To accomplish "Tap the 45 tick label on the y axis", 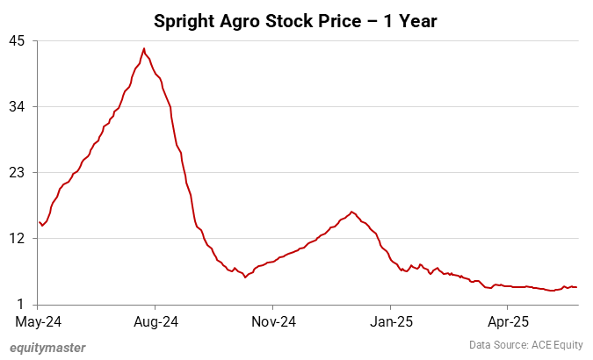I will pyautogui.click(x=18, y=41).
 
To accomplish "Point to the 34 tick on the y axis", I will pyautogui.click(x=18, y=107).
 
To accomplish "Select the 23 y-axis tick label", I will pyautogui.click(x=18, y=173).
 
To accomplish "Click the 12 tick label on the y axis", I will pyautogui.click(x=18, y=239).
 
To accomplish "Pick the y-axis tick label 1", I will pyautogui.click(x=21, y=305).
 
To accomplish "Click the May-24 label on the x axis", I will pyautogui.click(x=38, y=321).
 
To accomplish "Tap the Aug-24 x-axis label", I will pyautogui.click(x=155, y=321).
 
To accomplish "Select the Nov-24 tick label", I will pyautogui.click(x=272, y=321).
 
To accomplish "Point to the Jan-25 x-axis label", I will pyautogui.click(x=390, y=321).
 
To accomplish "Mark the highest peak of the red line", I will pyautogui.click(x=144, y=48).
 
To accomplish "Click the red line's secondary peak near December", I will pyautogui.click(x=352, y=212).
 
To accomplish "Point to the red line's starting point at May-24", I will pyautogui.click(x=40, y=221).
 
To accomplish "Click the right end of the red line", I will pyautogui.click(x=576, y=287).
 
